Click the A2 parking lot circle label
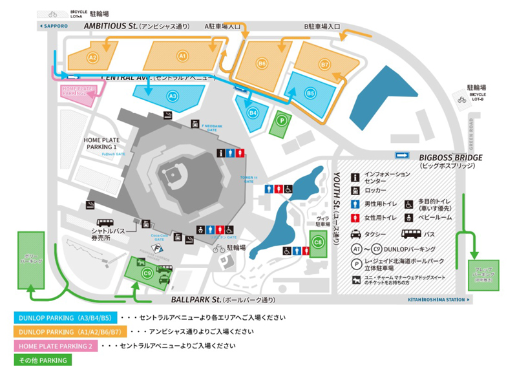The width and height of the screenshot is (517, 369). [x=93, y=58]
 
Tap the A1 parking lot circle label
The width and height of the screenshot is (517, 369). [x=182, y=57]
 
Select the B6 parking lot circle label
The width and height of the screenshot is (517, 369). [x=262, y=63]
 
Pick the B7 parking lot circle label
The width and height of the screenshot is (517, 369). [x=325, y=65]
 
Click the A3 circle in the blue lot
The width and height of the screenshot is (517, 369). [x=172, y=96]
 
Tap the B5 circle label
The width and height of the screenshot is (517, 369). [x=310, y=93]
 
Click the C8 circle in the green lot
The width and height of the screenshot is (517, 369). [x=317, y=242]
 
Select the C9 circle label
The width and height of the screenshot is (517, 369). [x=147, y=274]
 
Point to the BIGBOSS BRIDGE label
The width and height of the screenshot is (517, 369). [x=450, y=157]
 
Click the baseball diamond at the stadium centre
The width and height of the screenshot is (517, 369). [x=173, y=173]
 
